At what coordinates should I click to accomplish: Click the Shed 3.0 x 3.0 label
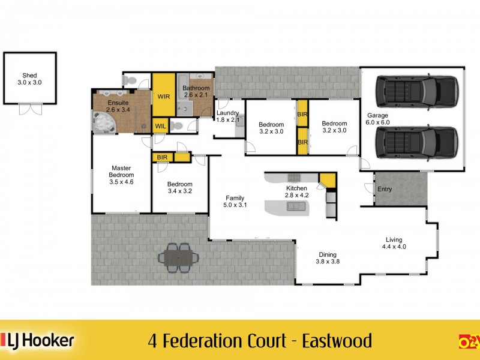[30, 80]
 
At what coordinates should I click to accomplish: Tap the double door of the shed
[30, 109]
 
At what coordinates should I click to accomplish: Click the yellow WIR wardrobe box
[163, 96]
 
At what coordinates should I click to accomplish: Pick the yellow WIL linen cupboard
[160, 126]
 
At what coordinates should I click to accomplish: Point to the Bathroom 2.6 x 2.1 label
[196, 92]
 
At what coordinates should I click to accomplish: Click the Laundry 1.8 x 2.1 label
[228, 116]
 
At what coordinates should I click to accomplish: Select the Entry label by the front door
[385, 190]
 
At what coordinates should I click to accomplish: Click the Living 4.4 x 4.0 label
[395, 243]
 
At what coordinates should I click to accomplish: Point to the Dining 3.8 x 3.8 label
[328, 257]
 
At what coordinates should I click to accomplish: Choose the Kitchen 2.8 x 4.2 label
[296, 191]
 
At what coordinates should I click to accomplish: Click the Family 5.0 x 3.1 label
[234, 201]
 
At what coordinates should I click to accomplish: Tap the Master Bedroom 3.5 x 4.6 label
[121, 175]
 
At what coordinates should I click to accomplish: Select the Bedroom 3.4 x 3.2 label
[179, 188]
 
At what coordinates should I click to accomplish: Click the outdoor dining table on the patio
[178, 257]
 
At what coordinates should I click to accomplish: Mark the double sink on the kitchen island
[295, 206]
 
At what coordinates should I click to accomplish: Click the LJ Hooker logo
[38, 341]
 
